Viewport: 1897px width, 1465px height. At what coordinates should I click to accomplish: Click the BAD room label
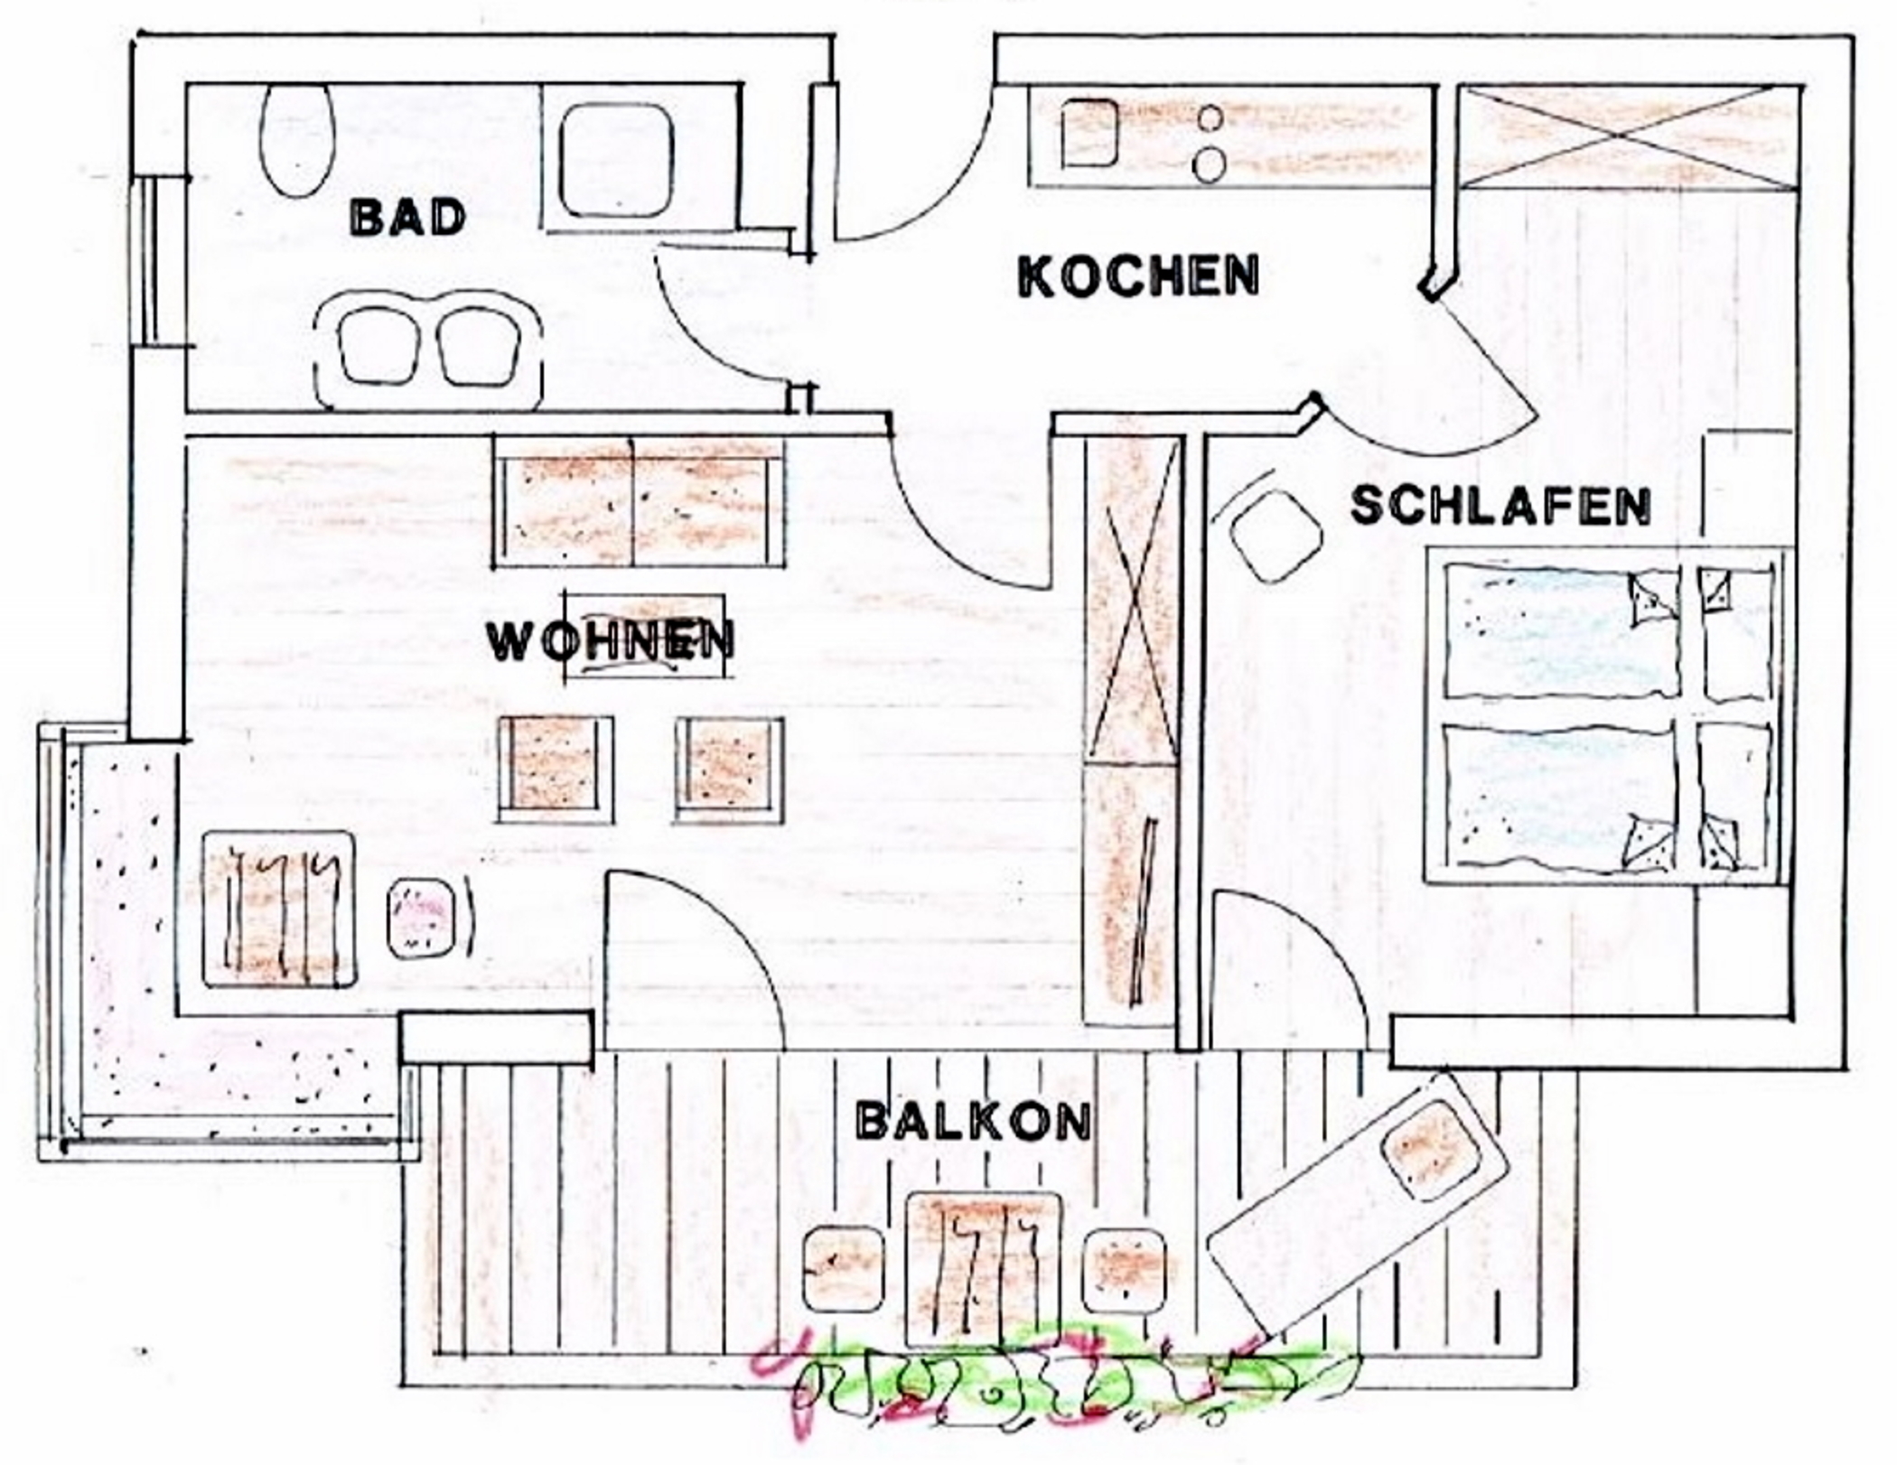tap(408, 218)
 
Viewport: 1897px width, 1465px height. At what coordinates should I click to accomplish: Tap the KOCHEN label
tap(1138, 275)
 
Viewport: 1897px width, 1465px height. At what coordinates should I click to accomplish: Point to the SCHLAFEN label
tap(1501, 506)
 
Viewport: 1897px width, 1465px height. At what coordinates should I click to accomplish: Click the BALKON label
tap(973, 1121)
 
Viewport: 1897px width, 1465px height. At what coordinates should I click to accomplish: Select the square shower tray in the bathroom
tap(616, 159)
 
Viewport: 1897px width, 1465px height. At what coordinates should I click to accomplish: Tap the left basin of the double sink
tap(379, 345)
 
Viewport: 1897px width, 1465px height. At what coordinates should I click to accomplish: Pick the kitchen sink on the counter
tap(1089, 133)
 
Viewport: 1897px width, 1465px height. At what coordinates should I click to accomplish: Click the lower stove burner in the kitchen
tap(1210, 165)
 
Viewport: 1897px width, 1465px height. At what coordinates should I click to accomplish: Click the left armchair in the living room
tap(556, 770)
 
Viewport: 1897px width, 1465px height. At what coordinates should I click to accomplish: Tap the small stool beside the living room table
tap(422, 919)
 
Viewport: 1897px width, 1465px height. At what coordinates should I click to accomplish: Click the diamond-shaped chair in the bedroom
tap(1276, 537)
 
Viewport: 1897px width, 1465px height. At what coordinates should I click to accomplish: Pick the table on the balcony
tap(983, 1270)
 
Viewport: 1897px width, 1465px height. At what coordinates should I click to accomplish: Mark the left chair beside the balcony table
tap(843, 1270)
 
